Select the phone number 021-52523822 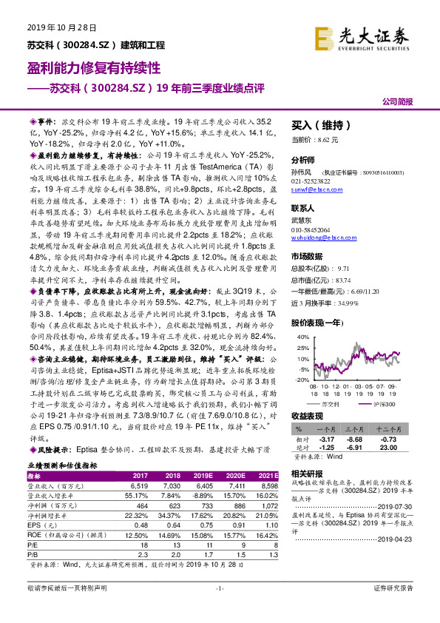click(311, 181)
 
